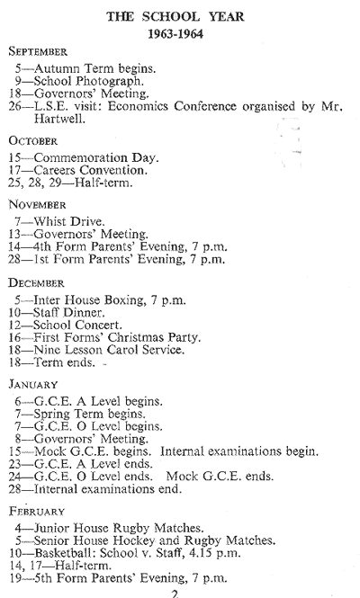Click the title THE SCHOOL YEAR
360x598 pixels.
(175, 17)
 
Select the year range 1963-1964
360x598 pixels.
(175, 34)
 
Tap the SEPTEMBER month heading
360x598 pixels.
(38, 51)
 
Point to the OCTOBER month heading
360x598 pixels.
(32, 140)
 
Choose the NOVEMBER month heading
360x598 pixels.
(37, 205)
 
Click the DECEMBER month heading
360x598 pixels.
(36, 283)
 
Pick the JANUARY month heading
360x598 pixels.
(33, 384)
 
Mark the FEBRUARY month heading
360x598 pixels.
(37, 511)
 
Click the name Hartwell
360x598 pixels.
(58, 119)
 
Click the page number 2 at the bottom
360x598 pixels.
(175, 594)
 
